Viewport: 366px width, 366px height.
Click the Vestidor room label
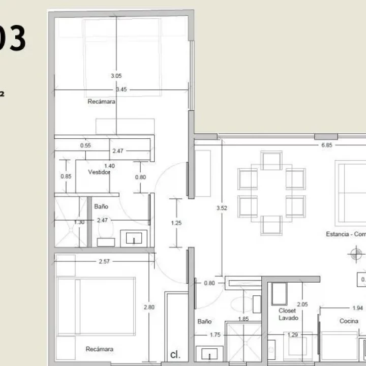coord(99,172)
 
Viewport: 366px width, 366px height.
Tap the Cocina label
coord(350,321)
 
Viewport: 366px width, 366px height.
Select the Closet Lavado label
coord(288,314)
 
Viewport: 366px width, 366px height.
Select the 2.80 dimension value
coord(148,307)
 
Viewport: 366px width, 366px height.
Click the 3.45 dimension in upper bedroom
coord(121,89)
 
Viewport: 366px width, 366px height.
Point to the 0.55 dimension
coord(85,145)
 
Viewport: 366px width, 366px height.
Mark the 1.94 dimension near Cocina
coord(358,308)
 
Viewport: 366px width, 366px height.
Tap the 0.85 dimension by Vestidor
coord(66,176)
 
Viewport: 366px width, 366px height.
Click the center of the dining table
coord(271,194)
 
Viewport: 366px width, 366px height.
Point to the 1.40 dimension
coord(109,166)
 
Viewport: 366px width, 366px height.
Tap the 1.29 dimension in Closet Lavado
coord(292,335)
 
